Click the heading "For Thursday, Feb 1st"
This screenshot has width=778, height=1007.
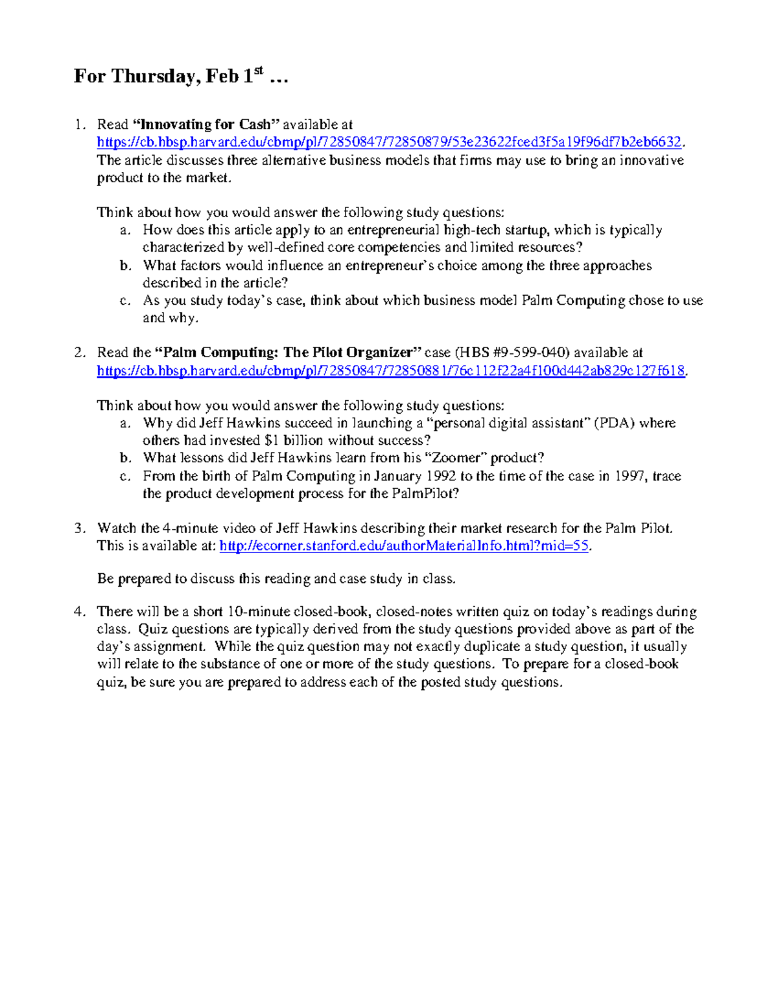[x=180, y=77]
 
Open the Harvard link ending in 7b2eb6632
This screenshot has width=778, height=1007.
[x=389, y=142]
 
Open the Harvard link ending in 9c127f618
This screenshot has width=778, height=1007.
[x=391, y=371]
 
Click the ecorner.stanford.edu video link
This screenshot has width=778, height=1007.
[x=404, y=546]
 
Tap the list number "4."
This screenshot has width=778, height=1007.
[x=79, y=611]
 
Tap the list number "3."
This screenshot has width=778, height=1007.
[x=79, y=528]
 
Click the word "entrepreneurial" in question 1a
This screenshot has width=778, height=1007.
[x=394, y=230]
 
